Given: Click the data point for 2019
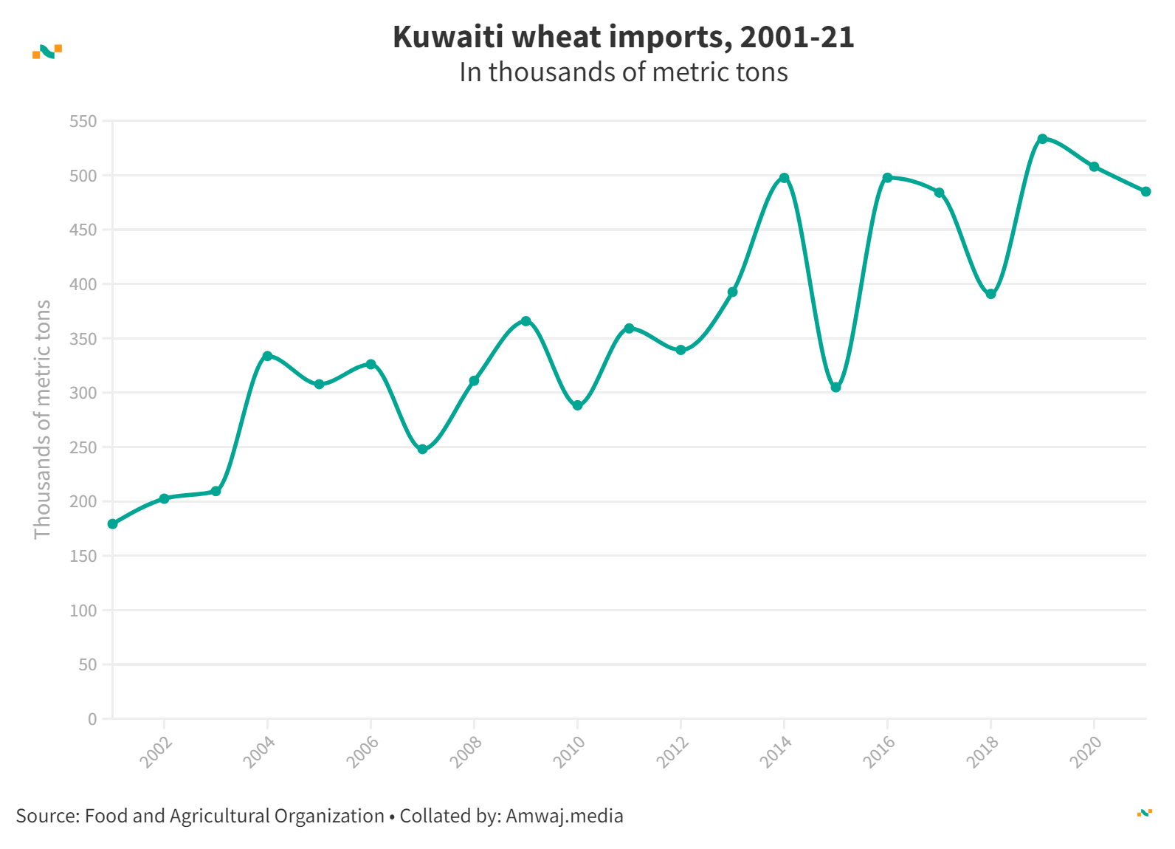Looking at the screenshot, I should coord(1042,139).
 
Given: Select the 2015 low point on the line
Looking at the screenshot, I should coord(835,388).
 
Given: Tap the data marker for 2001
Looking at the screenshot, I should coord(113,524).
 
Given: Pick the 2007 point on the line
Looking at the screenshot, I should coord(422,450).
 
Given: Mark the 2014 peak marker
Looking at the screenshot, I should coord(784,178).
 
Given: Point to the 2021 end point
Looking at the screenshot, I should coord(1145,192).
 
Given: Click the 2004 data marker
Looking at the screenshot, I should coord(267,356).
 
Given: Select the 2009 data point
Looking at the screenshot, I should coord(526,321).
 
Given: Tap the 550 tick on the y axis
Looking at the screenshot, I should coord(83,121).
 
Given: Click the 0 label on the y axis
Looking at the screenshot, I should coord(92,719).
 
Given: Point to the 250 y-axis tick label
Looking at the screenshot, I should coord(83,447).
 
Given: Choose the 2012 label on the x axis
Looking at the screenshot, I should coord(673,752).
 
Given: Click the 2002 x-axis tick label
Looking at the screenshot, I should coord(156,752).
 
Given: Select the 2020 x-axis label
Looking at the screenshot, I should coord(1086,752).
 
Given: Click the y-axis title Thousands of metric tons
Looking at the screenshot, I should coord(43,419).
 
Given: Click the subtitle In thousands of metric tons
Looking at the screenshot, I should coord(623,72).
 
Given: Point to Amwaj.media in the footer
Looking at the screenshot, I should coord(564,816).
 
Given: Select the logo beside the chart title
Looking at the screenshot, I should coord(47,51).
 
